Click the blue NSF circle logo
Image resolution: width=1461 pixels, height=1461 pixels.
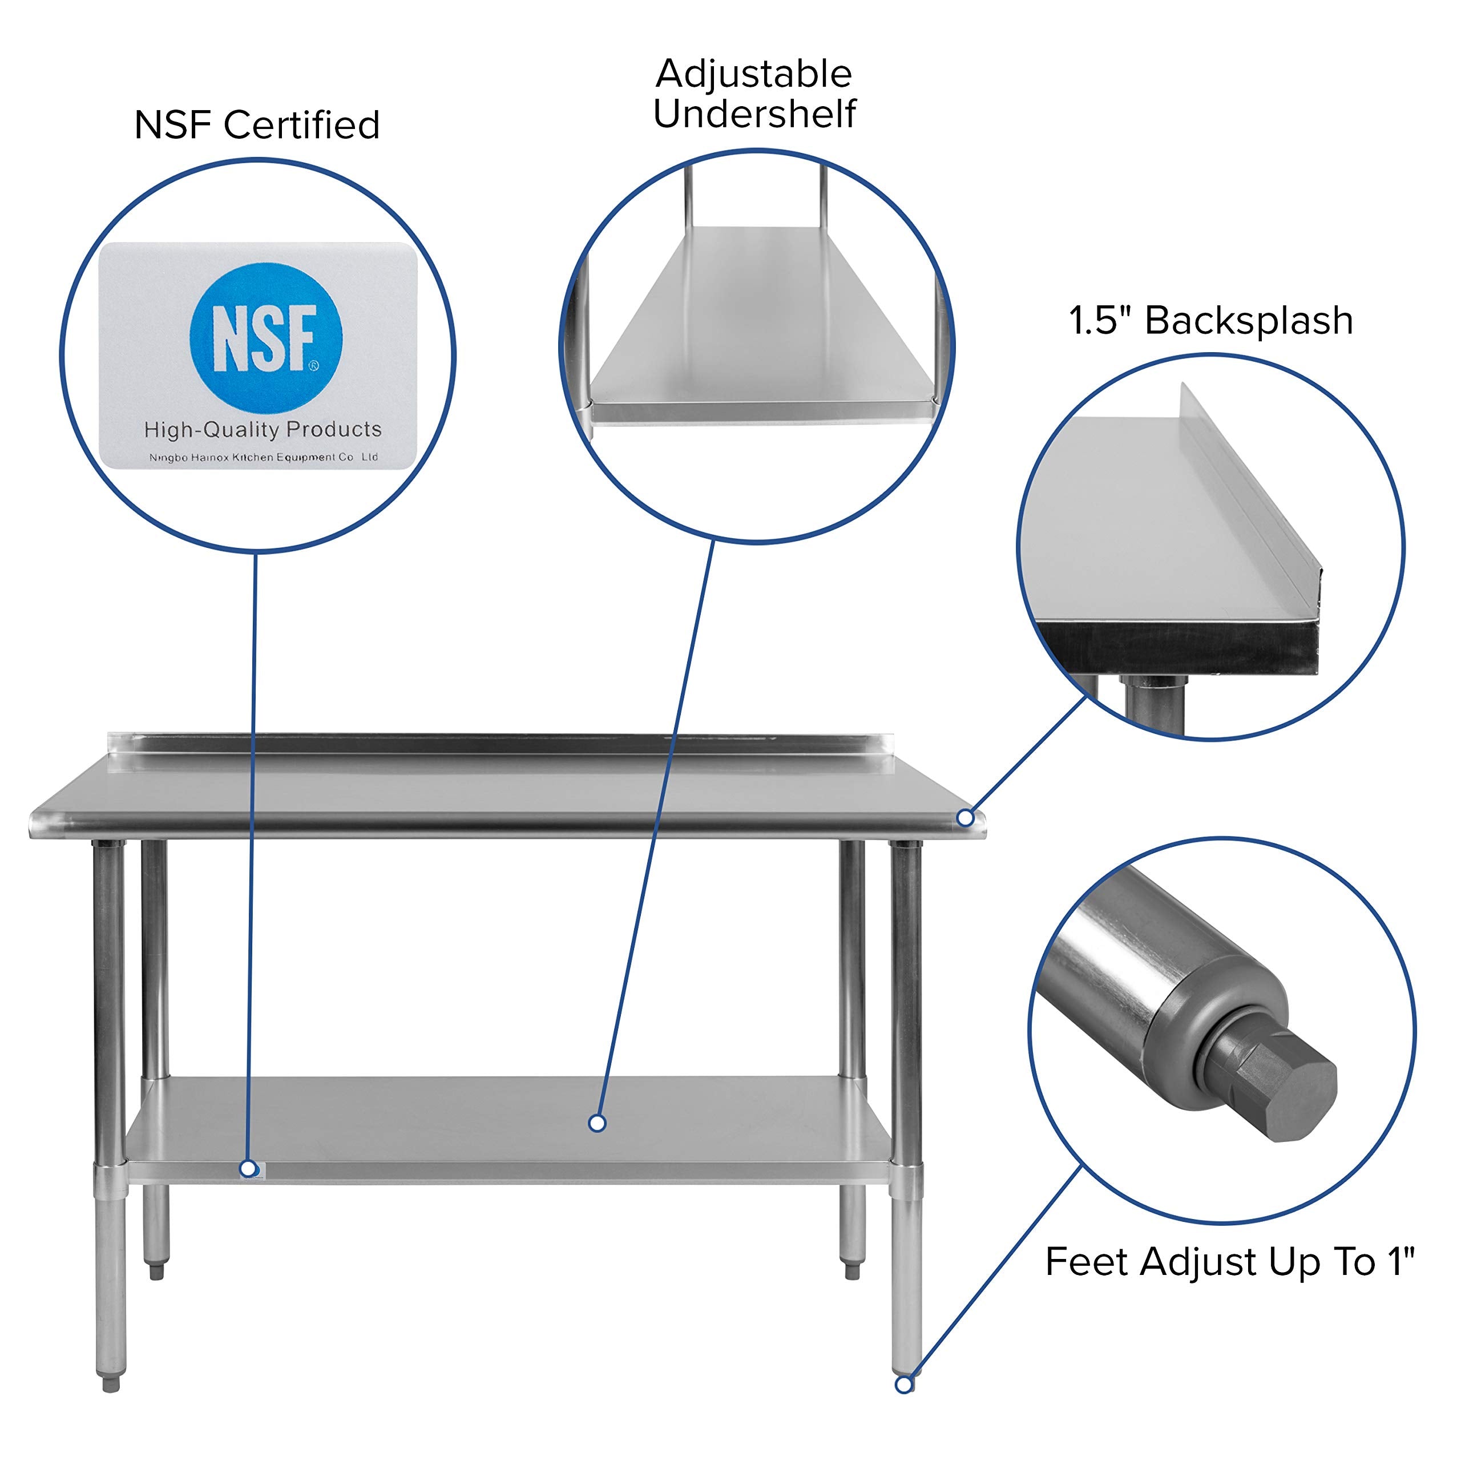coord(265,338)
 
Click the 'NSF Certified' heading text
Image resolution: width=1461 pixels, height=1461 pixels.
coord(256,125)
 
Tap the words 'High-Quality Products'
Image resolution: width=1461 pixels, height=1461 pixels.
coord(263,430)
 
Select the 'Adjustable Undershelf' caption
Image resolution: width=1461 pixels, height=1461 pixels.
coord(754,94)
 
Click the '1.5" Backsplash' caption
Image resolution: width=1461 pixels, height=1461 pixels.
coord(1210,321)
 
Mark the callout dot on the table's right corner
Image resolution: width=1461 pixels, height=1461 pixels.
coord(965,818)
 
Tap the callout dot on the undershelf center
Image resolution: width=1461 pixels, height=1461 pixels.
coord(596,1124)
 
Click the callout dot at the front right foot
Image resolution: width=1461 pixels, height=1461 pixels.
coord(903,1385)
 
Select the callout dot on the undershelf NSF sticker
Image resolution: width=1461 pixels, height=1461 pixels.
coord(247,1169)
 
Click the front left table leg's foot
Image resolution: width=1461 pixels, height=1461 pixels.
coord(111,1383)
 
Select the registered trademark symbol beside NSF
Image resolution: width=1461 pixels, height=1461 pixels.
coord(314,366)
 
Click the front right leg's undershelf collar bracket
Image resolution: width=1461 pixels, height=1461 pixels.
coord(905,1181)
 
